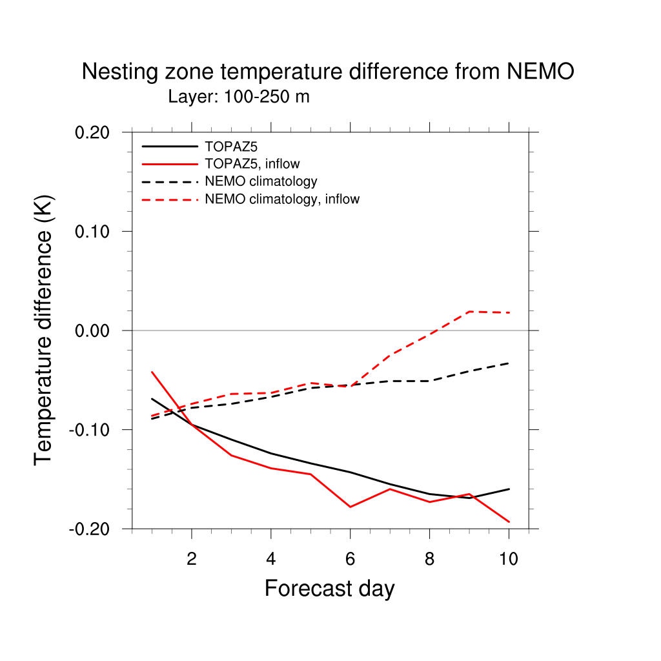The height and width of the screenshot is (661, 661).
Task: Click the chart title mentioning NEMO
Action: (x=328, y=72)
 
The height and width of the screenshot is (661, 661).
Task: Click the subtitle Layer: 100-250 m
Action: (x=239, y=97)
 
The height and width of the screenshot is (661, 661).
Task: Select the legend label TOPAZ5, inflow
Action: (x=252, y=164)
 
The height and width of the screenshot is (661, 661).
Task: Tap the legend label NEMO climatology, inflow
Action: (x=282, y=199)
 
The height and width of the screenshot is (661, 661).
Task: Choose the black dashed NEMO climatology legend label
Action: (x=261, y=181)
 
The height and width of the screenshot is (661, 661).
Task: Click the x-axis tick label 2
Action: (x=192, y=559)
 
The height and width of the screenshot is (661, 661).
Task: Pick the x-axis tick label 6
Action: (x=350, y=559)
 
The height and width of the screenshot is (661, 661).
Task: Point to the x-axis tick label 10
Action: (x=509, y=559)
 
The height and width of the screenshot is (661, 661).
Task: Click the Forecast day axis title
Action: (x=329, y=589)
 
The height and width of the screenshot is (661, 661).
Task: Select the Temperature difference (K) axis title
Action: (x=44, y=330)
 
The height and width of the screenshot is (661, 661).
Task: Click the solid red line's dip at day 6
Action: (x=350, y=507)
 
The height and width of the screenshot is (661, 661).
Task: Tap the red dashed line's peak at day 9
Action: (x=469, y=312)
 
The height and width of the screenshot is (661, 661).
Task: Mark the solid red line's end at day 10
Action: (x=509, y=522)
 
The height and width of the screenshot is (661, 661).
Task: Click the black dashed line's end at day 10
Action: (x=509, y=363)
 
